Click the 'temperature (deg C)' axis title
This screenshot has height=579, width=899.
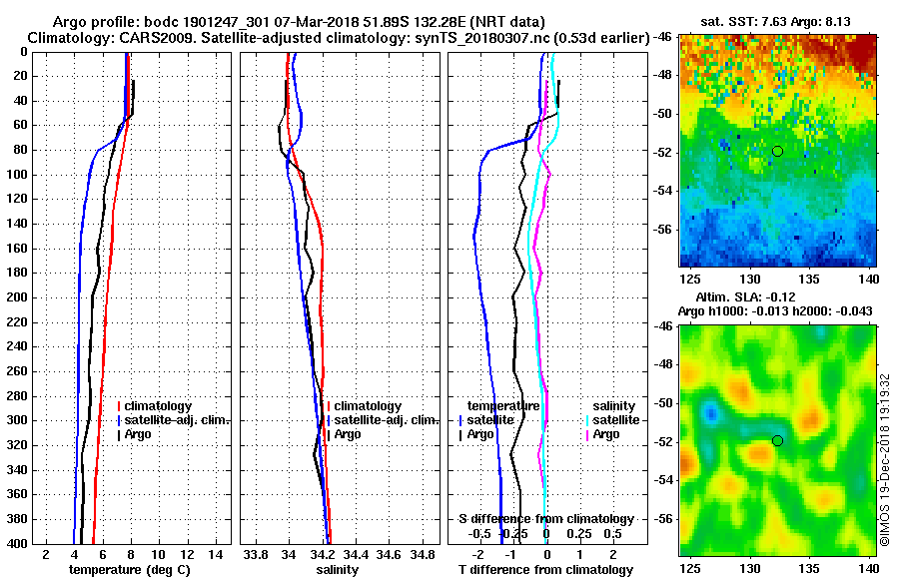point(129,570)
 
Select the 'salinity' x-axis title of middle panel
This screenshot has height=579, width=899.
point(337,570)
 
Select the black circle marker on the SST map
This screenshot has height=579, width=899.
point(777,151)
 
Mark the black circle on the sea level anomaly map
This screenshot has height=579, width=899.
point(777,440)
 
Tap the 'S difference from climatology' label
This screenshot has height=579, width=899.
point(545,519)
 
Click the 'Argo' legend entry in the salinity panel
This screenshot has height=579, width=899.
point(348,434)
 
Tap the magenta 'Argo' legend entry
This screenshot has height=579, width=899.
point(605,434)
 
